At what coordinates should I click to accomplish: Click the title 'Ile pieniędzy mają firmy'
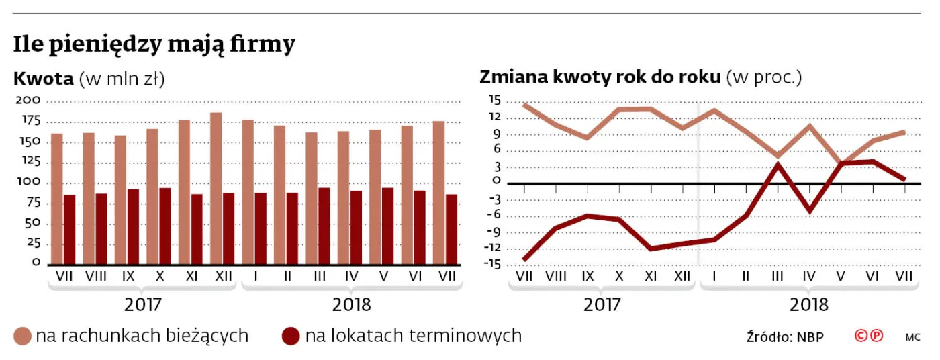tap(154, 45)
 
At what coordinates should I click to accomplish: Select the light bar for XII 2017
tap(216, 188)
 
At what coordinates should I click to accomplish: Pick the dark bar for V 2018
tap(388, 226)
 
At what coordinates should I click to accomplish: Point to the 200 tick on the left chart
tap(33, 101)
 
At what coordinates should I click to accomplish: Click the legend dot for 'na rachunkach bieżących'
tap(23, 336)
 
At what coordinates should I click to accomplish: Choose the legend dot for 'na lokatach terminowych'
tap(291, 336)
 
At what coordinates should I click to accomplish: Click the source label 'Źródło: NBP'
tap(785, 336)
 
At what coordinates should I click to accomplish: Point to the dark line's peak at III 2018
tap(778, 165)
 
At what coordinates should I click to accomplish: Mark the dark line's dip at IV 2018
tap(810, 212)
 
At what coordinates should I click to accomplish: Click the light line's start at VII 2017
tap(524, 104)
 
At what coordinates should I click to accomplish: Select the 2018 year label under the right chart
tap(809, 304)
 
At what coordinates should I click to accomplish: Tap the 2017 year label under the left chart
tap(143, 304)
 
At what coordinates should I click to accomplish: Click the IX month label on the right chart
tap(587, 275)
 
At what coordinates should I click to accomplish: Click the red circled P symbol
tap(877, 336)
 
